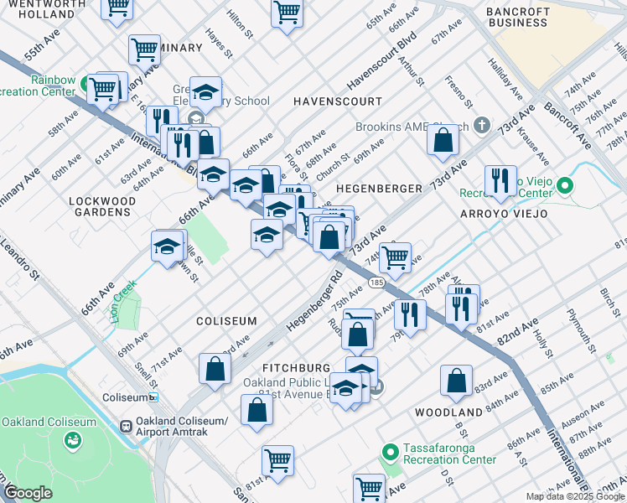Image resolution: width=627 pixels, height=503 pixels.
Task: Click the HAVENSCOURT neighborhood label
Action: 338,101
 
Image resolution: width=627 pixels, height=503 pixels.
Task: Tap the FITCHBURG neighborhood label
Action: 296,368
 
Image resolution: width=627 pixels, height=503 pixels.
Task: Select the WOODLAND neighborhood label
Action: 448,412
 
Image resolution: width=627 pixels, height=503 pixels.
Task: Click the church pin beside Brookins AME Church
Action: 481,126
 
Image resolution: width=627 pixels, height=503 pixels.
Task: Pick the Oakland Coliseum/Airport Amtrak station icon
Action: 127,426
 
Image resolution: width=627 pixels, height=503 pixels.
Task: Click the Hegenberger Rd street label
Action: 313,300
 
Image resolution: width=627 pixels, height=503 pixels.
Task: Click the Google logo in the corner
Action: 28,493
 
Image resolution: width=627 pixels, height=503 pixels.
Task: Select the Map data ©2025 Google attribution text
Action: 574,496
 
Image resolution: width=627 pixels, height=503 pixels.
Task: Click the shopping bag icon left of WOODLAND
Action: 456,381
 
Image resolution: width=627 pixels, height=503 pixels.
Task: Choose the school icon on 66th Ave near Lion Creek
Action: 168,246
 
